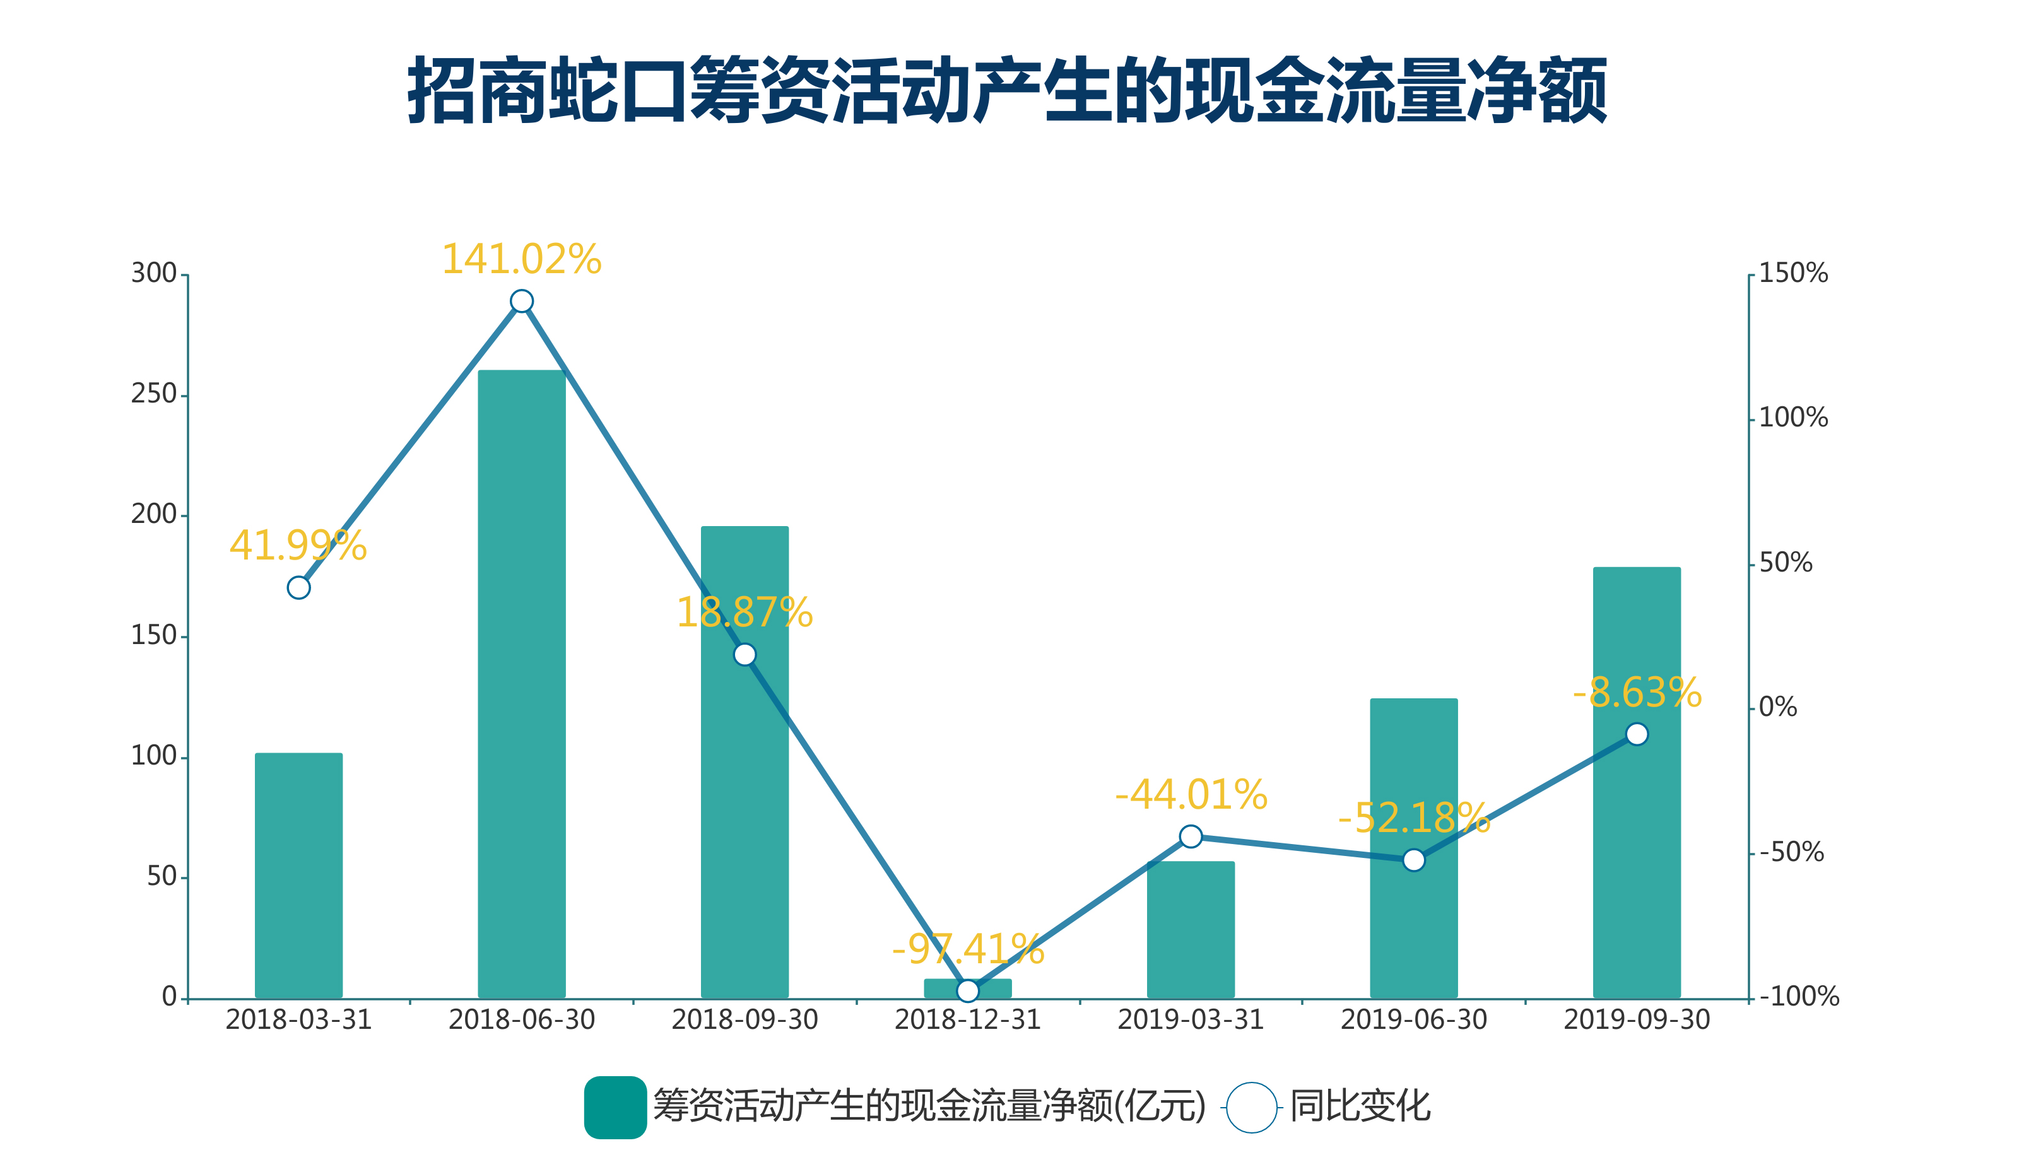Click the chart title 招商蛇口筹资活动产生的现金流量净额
(x=1007, y=90)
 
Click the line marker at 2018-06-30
(x=522, y=301)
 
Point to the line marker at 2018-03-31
(x=299, y=588)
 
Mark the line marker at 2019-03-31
(x=1191, y=836)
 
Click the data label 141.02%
(x=522, y=259)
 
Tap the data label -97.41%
(x=968, y=949)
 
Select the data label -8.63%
(x=1637, y=693)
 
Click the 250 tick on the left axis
(x=154, y=394)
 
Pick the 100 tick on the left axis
(x=154, y=756)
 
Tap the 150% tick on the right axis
(x=1793, y=273)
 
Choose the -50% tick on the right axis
(x=1791, y=852)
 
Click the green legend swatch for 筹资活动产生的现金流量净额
(x=615, y=1108)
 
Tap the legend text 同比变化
(x=1360, y=1107)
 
